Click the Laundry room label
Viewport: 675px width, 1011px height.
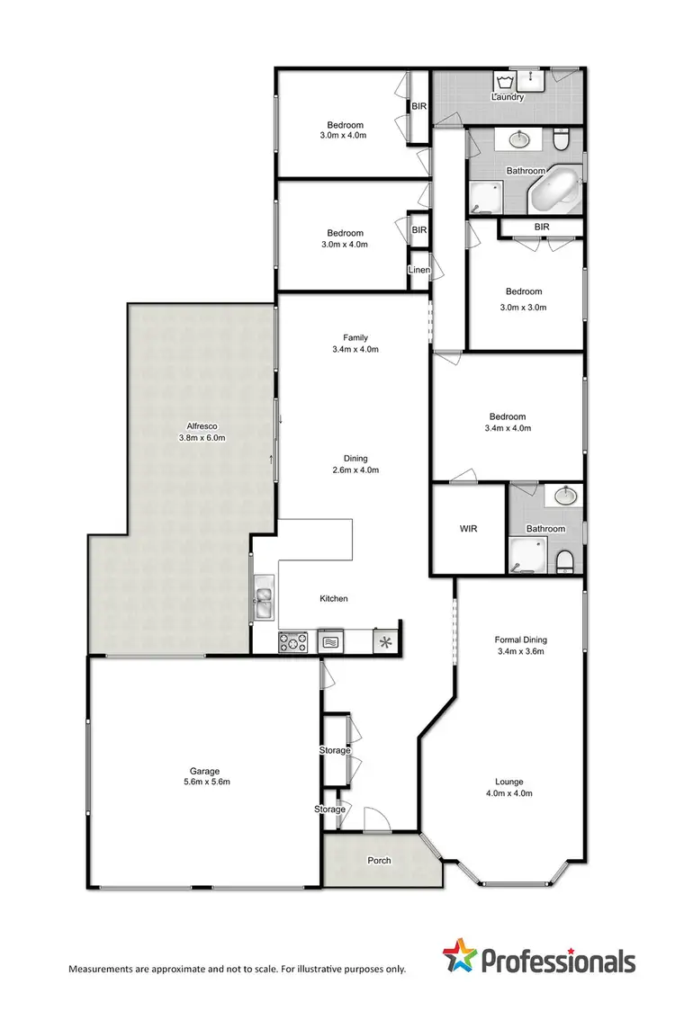pyautogui.click(x=508, y=97)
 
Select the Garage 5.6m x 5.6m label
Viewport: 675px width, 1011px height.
pyautogui.click(x=203, y=776)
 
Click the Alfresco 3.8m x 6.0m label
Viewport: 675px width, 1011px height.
pyautogui.click(x=199, y=433)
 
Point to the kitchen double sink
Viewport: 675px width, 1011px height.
pyautogui.click(x=265, y=599)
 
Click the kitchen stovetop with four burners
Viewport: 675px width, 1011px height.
pyautogui.click(x=293, y=642)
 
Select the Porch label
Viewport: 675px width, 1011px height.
pyautogui.click(x=380, y=861)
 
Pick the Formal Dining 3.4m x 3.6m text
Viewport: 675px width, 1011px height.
pyautogui.click(x=521, y=645)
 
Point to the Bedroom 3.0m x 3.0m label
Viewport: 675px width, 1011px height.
pyautogui.click(x=523, y=299)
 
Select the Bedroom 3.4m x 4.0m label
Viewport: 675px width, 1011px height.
pyautogui.click(x=507, y=423)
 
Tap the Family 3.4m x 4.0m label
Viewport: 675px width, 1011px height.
pyautogui.click(x=350, y=344)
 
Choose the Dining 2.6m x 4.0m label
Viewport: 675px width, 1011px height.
pyautogui.click(x=349, y=463)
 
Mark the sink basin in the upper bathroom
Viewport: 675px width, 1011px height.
pyautogui.click(x=519, y=139)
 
